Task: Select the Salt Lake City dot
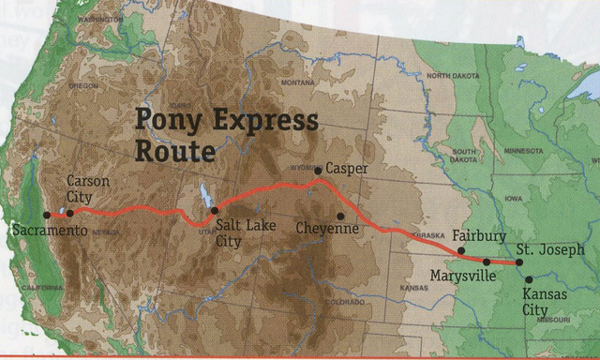click(x=215, y=211)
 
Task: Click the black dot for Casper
click(x=318, y=171)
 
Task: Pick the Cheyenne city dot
click(x=341, y=216)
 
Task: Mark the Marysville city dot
click(x=487, y=262)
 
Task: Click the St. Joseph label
click(x=550, y=250)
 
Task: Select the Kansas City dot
click(x=528, y=279)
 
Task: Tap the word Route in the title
click(x=175, y=149)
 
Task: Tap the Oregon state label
click(x=82, y=85)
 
